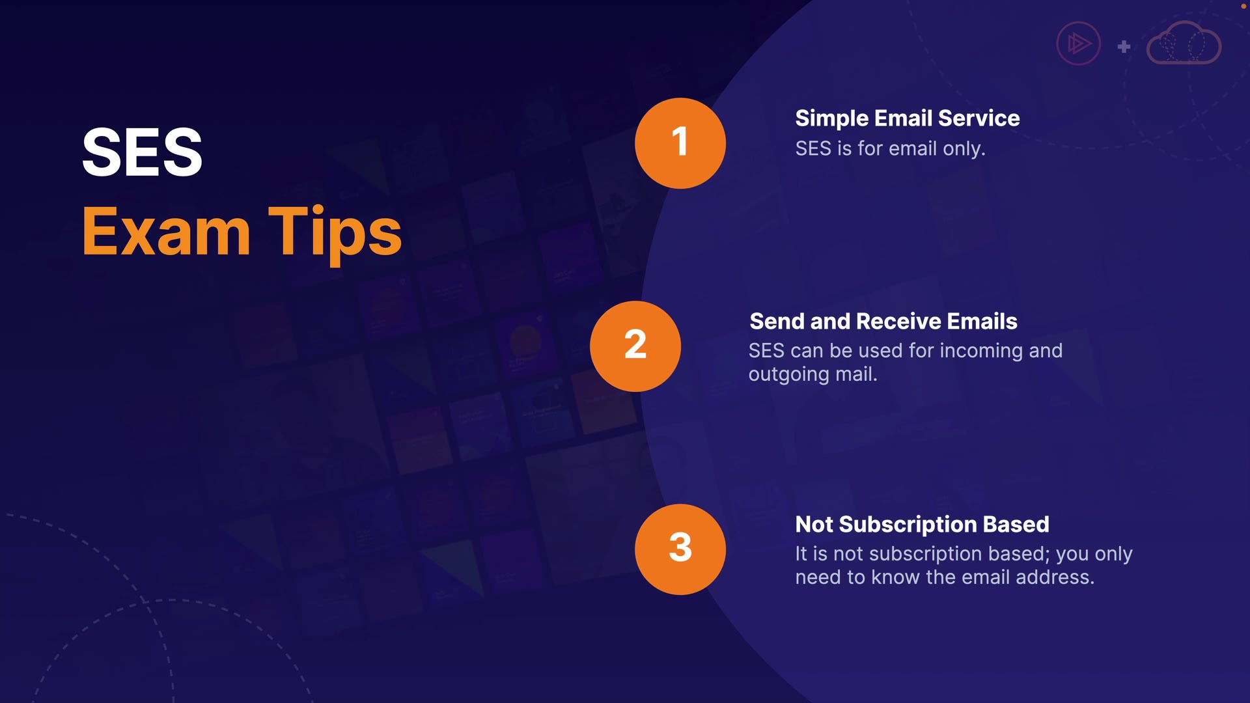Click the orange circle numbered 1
pyautogui.click(x=680, y=143)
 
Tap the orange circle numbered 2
pyautogui.click(x=635, y=346)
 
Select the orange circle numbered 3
pyautogui.click(x=680, y=549)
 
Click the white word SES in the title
pyautogui.click(x=142, y=152)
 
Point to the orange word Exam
pyautogui.click(x=167, y=232)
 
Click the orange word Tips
pyautogui.click(x=335, y=234)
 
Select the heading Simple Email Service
pyautogui.click(x=908, y=118)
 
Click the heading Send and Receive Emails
pyautogui.click(x=883, y=322)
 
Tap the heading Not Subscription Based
pyautogui.click(x=923, y=525)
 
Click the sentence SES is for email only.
pyautogui.click(x=890, y=148)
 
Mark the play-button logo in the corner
pyautogui.click(x=1079, y=44)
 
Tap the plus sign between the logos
pyautogui.click(x=1124, y=47)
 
